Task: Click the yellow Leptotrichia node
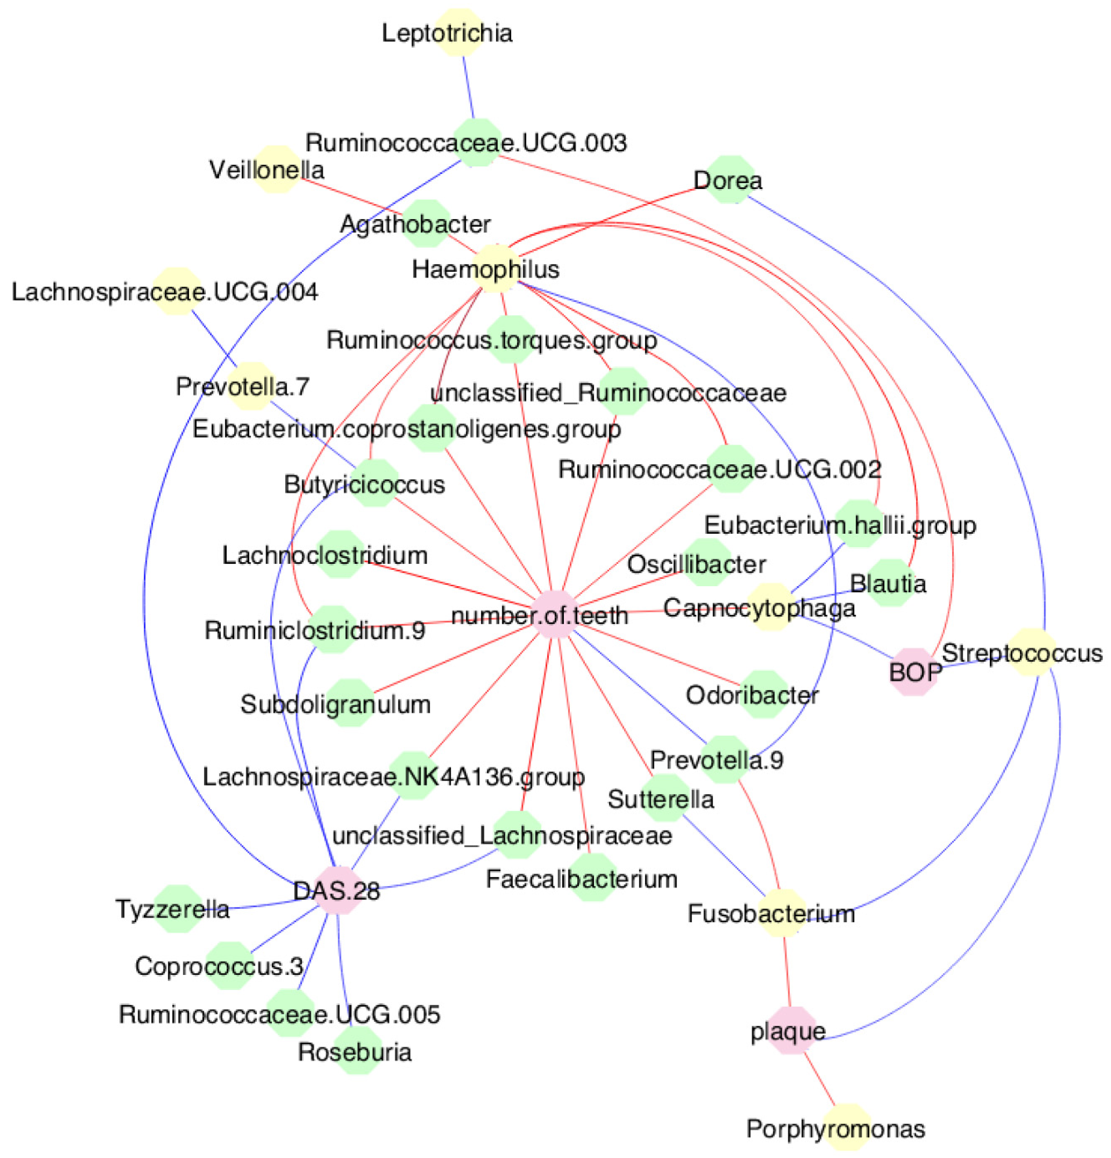459,33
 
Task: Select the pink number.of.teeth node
555,614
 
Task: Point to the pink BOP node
914,672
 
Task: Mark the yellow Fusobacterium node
781,913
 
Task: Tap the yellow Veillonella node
276,170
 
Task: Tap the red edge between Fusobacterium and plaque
786,972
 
